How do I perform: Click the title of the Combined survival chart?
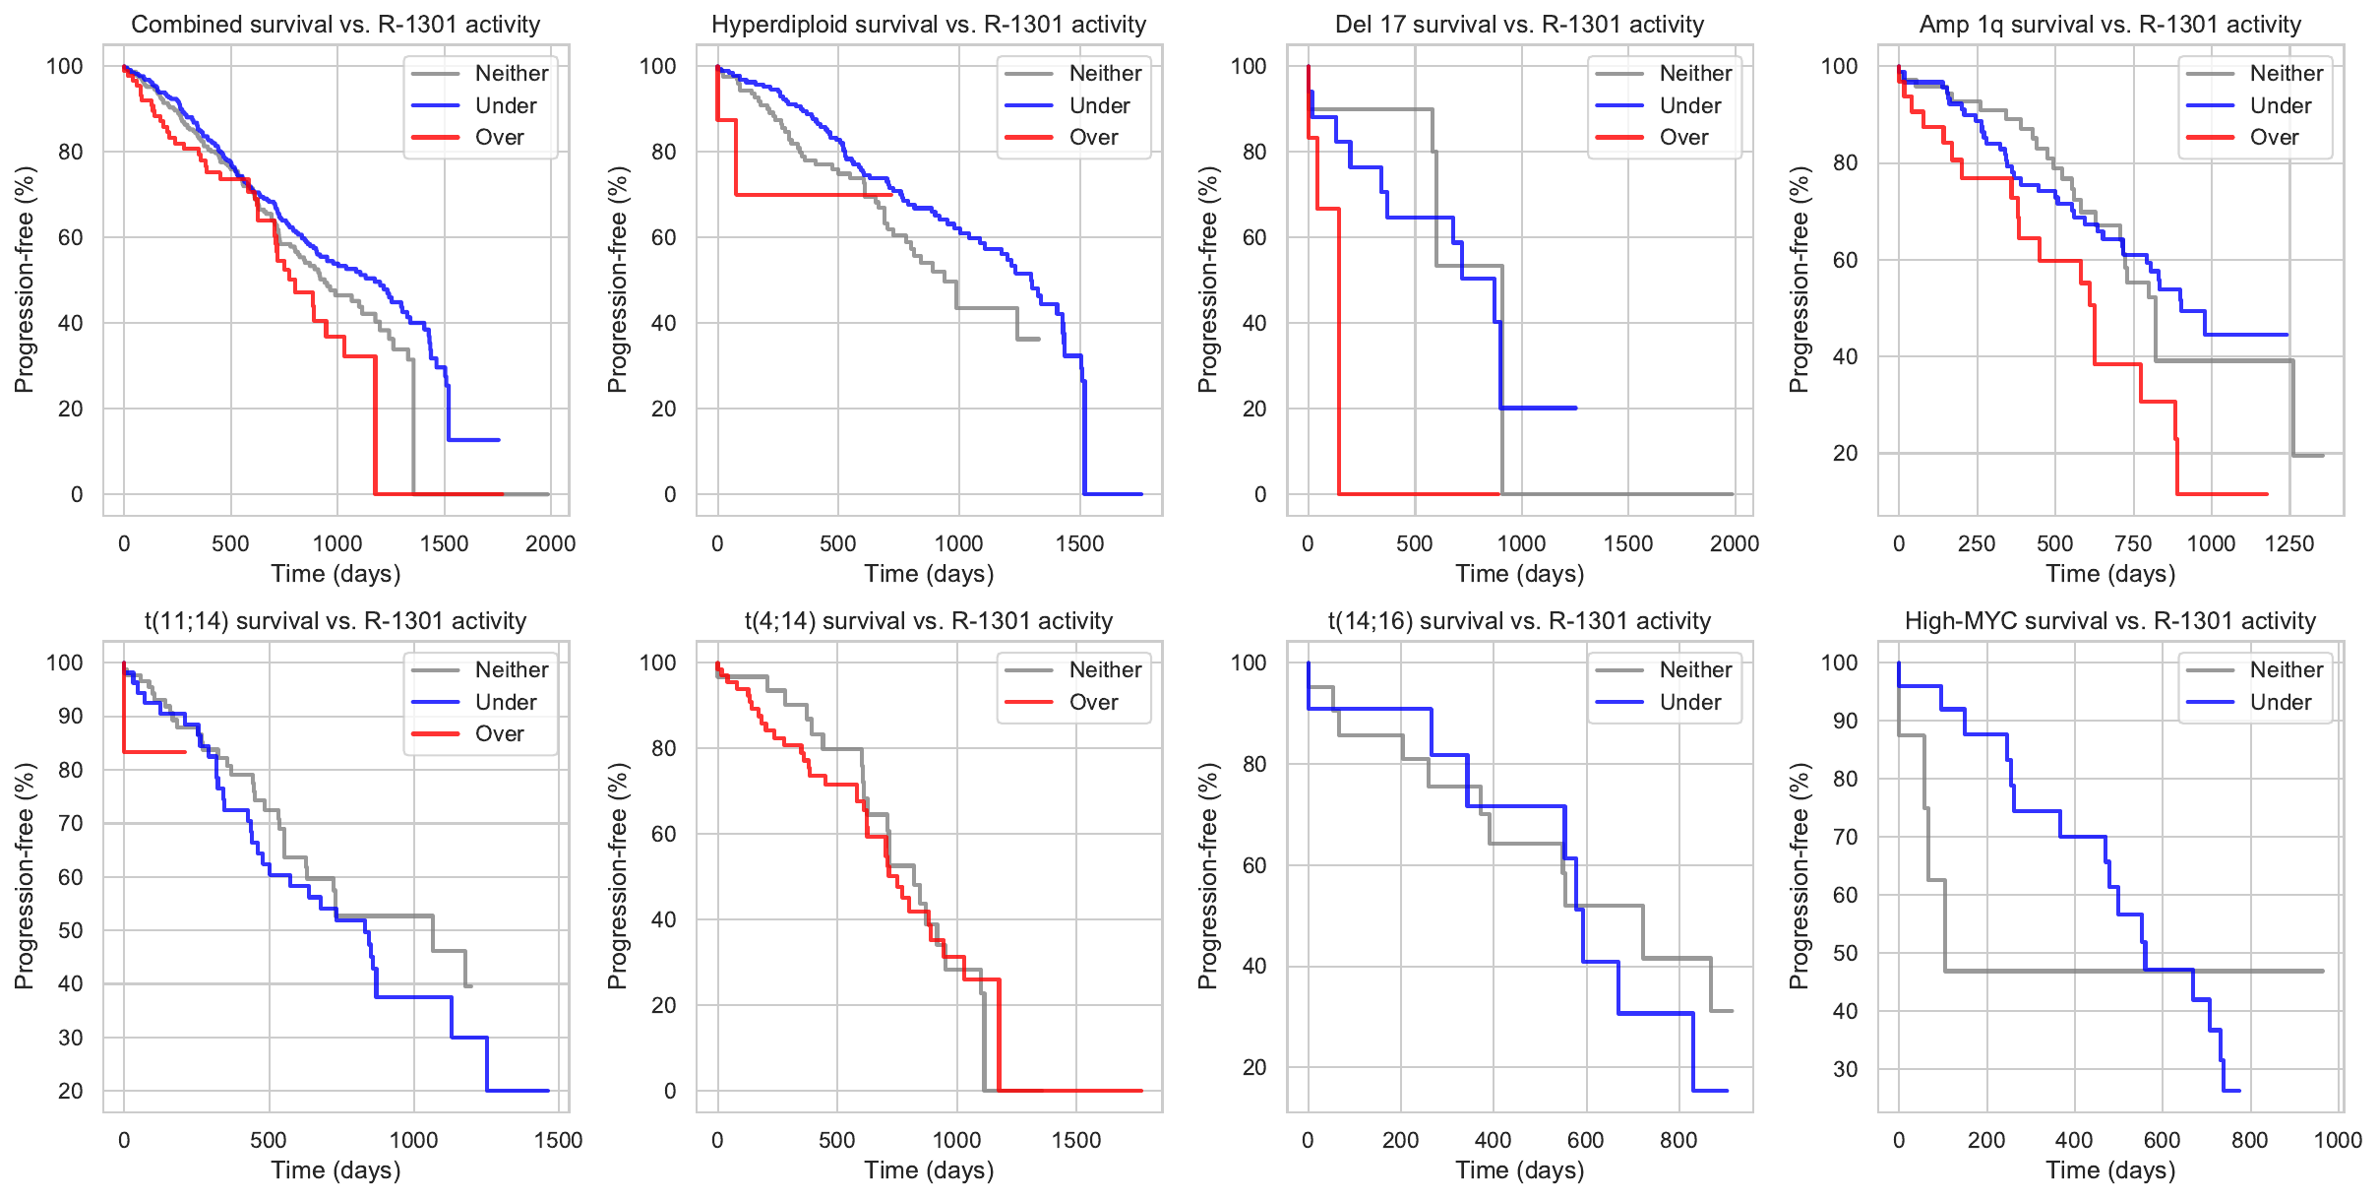(x=335, y=25)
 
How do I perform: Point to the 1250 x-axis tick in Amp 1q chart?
(x=2289, y=543)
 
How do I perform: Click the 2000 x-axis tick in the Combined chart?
(x=550, y=543)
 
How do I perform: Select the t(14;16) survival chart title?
(x=1519, y=621)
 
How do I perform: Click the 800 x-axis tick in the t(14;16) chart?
(x=1678, y=1140)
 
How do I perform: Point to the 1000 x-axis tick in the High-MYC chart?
(x=2338, y=1140)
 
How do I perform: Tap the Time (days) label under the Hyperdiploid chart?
(x=929, y=574)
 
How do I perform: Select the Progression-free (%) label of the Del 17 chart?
(x=1208, y=280)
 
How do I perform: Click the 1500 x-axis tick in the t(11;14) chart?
(x=558, y=1140)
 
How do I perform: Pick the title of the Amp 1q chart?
(x=2109, y=25)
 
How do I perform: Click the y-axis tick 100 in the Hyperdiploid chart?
(x=658, y=66)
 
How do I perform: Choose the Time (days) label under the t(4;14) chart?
(x=929, y=1170)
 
